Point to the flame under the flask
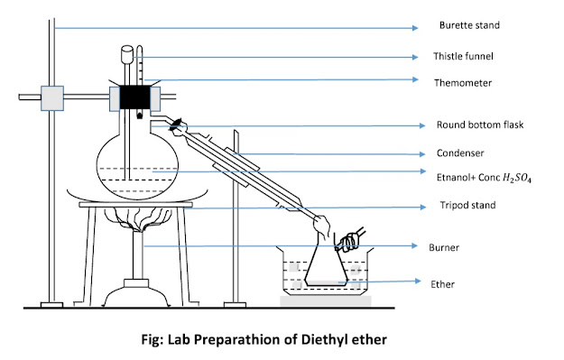click(x=137, y=220)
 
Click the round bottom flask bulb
click(x=135, y=162)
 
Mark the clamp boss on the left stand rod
click(x=53, y=95)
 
